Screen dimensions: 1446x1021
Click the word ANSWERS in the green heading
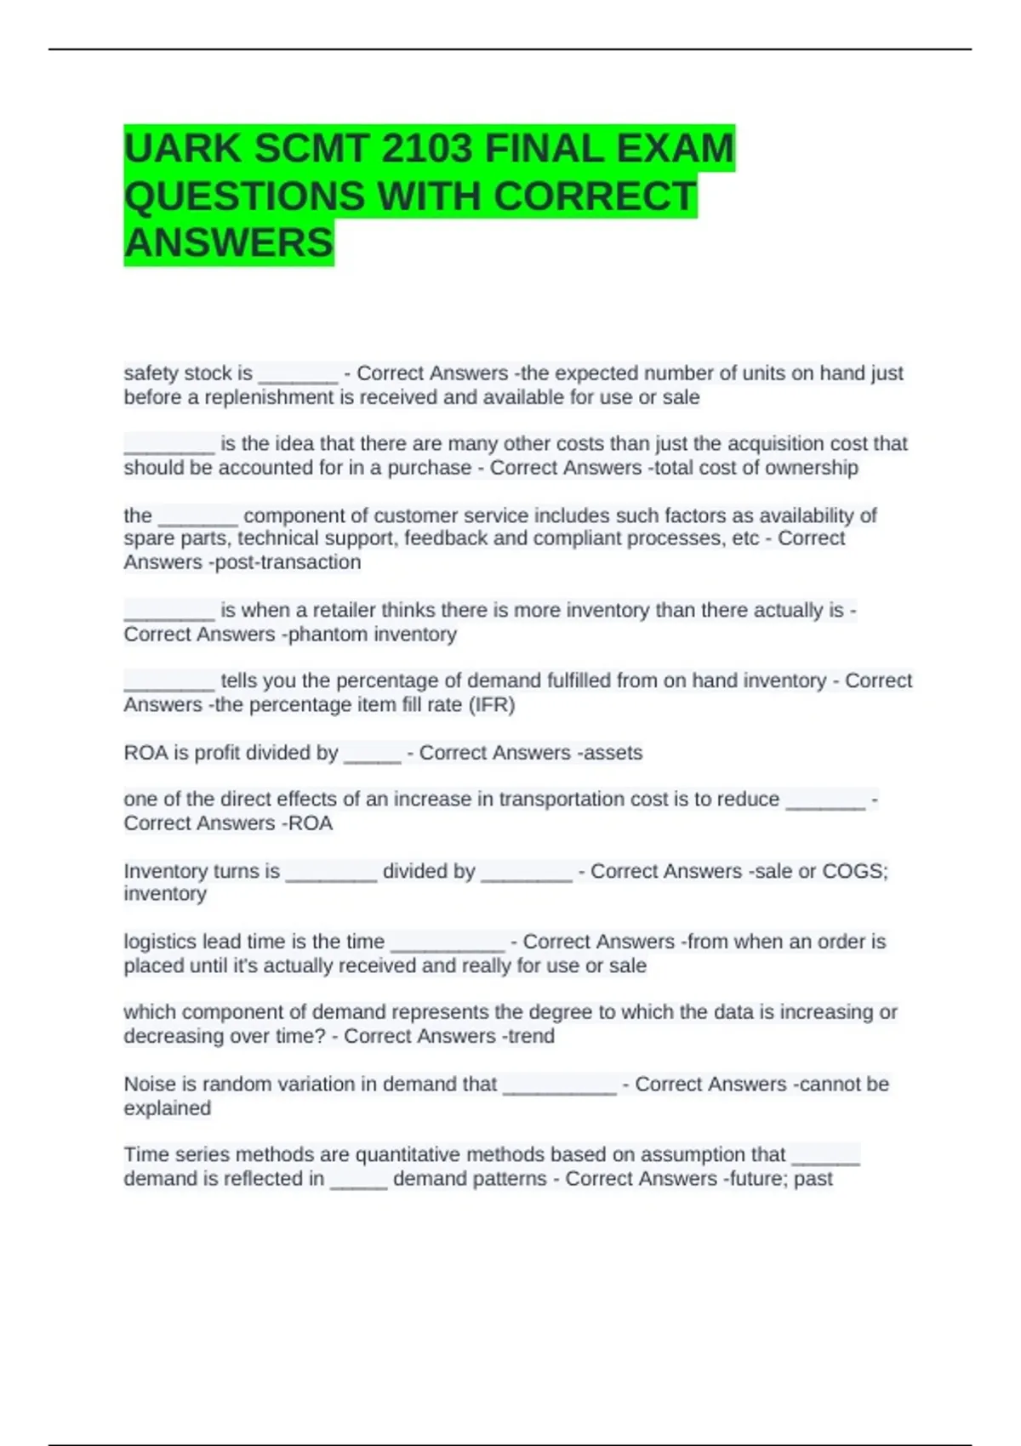point(228,243)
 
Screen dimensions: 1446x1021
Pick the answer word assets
point(610,753)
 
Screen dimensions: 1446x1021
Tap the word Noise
point(149,1084)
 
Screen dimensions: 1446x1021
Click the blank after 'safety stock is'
point(298,375)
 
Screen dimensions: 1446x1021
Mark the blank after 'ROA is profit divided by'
point(372,754)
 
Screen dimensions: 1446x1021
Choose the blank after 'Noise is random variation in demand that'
point(559,1086)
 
